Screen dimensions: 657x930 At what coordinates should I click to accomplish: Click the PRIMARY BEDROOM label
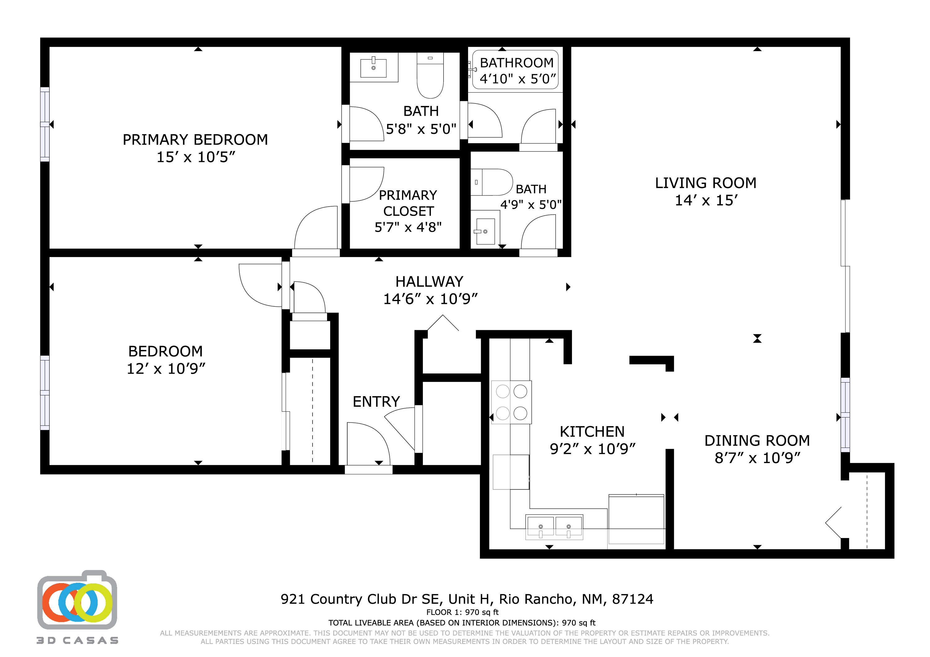click(195, 140)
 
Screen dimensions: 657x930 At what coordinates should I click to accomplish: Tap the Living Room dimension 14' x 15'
click(706, 200)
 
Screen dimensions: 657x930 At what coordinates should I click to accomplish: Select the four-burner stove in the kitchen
click(511, 402)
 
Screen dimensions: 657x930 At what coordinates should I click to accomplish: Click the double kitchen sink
click(554, 527)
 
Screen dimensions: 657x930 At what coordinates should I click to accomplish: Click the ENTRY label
click(376, 402)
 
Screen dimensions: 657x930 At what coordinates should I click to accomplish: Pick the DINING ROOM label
click(757, 441)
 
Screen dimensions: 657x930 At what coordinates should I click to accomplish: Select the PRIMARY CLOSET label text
click(408, 203)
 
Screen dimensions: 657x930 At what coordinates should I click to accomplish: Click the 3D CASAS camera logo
click(77, 601)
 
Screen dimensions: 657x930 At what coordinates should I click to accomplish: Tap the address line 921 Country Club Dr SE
click(467, 599)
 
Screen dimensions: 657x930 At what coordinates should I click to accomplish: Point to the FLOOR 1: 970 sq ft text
click(462, 612)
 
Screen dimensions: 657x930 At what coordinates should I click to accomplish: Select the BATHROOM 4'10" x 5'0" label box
click(516, 70)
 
